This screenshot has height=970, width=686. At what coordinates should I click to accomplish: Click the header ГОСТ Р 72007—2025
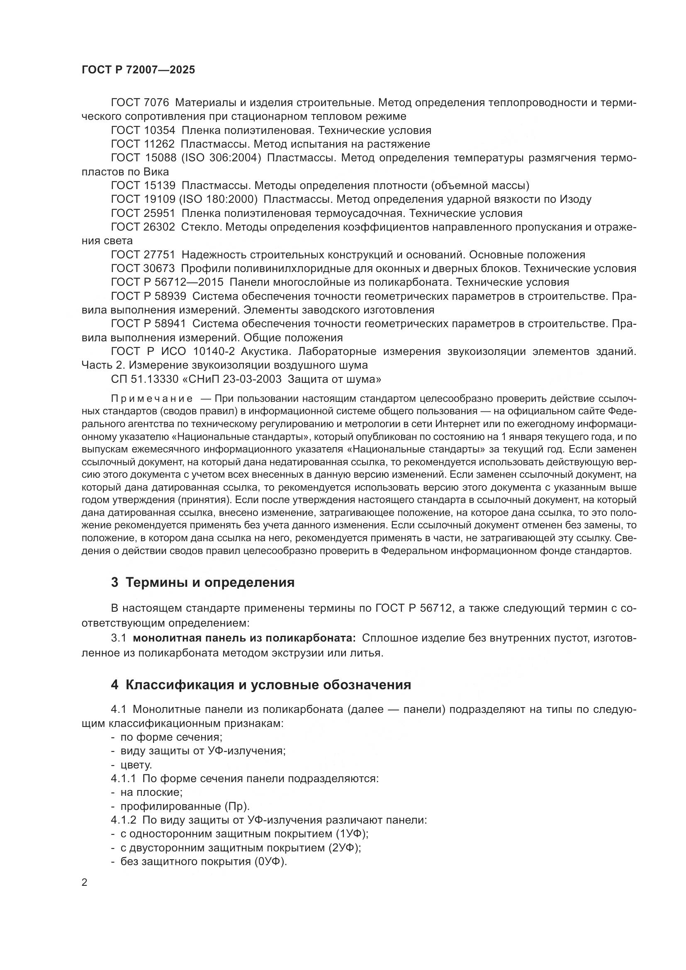(x=138, y=70)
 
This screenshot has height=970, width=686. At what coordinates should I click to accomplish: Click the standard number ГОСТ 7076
(x=140, y=103)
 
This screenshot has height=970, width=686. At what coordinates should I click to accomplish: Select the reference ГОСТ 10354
(x=143, y=130)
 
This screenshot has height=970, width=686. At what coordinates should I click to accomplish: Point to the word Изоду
(x=576, y=199)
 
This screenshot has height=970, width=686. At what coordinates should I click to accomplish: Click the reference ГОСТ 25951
(x=143, y=213)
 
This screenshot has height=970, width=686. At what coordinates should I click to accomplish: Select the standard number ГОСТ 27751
(x=143, y=255)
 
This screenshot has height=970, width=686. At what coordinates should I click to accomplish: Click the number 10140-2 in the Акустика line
(x=214, y=351)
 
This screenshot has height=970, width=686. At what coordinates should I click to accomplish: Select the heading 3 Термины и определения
(x=203, y=582)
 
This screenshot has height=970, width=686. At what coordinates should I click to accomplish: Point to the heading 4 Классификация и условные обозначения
(x=261, y=684)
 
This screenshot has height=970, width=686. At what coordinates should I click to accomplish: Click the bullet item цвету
(x=136, y=765)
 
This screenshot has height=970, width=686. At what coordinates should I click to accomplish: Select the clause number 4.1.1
(x=123, y=779)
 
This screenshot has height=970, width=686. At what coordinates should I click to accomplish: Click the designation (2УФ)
(x=344, y=848)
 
